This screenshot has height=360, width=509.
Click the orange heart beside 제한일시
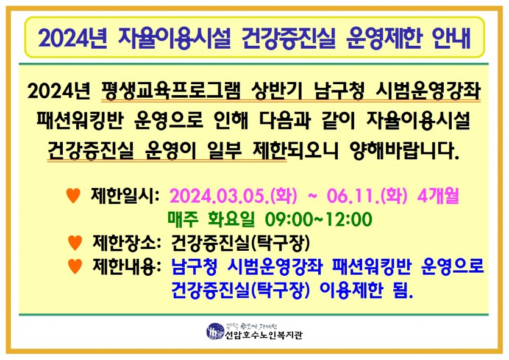pyautogui.click(x=73, y=196)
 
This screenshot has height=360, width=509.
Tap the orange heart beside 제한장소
pyautogui.click(x=75, y=243)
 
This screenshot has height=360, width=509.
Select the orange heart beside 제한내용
pyautogui.click(x=75, y=267)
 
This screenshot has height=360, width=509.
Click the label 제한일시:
pyautogui.click(x=126, y=196)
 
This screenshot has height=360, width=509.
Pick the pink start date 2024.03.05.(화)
pyautogui.click(x=233, y=196)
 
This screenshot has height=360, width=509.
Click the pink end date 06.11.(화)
pyautogui.click(x=367, y=196)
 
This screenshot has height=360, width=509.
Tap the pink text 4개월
pyautogui.click(x=438, y=196)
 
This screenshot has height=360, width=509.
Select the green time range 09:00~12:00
pyautogui.click(x=318, y=219)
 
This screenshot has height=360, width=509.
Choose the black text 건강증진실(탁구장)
pyautogui.click(x=241, y=243)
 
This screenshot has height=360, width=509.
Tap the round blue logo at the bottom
pyautogui.click(x=215, y=332)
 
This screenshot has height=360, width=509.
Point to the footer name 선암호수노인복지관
pyautogui.click(x=263, y=335)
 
